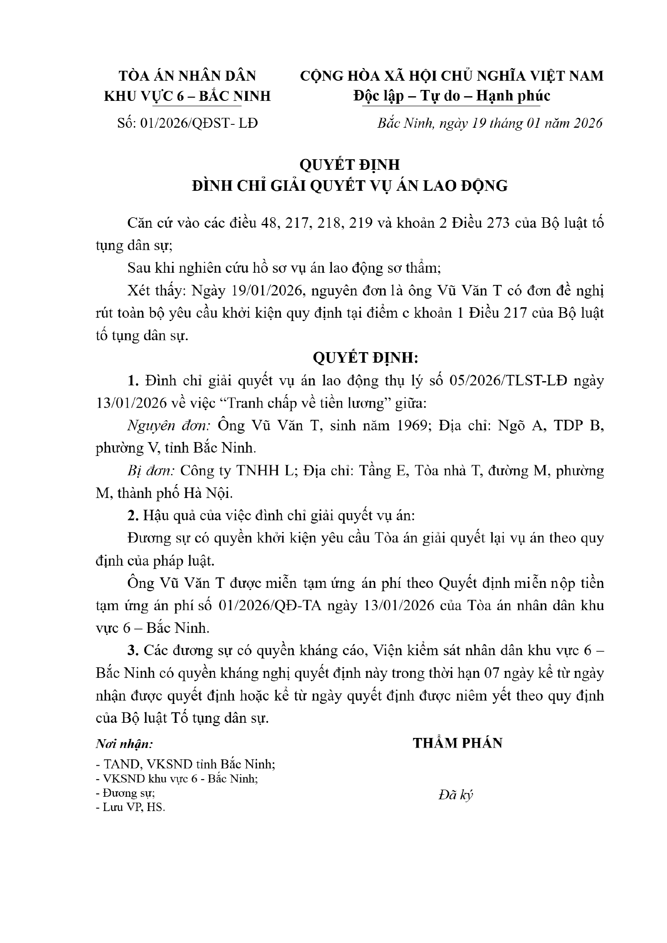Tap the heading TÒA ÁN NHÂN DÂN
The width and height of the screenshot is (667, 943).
click(x=188, y=76)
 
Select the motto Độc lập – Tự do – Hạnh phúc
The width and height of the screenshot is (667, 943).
click(x=452, y=96)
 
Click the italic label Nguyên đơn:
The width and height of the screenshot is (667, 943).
click(x=169, y=426)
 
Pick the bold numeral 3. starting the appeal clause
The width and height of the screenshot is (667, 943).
click(x=133, y=650)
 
